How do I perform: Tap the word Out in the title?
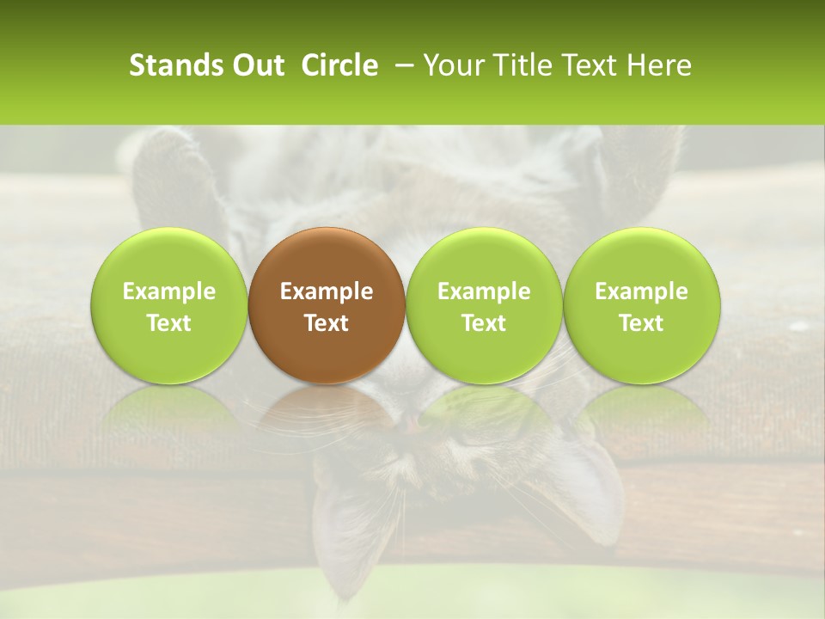(x=256, y=65)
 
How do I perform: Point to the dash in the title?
(x=400, y=66)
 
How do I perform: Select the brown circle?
(x=327, y=305)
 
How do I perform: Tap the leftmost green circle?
(x=169, y=305)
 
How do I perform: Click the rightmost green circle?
(x=642, y=305)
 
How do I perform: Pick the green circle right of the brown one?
(x=484, y=305)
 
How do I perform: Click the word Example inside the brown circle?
(x=327, y=291)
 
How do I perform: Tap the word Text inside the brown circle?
(x=327, y=323)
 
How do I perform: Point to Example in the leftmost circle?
(x=169, y=291)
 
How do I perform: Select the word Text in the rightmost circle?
(x=642, y=323)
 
